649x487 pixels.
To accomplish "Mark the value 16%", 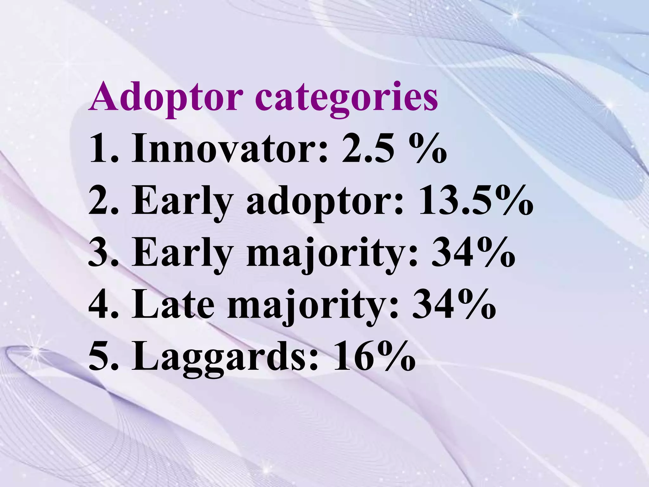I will point(374,357).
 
